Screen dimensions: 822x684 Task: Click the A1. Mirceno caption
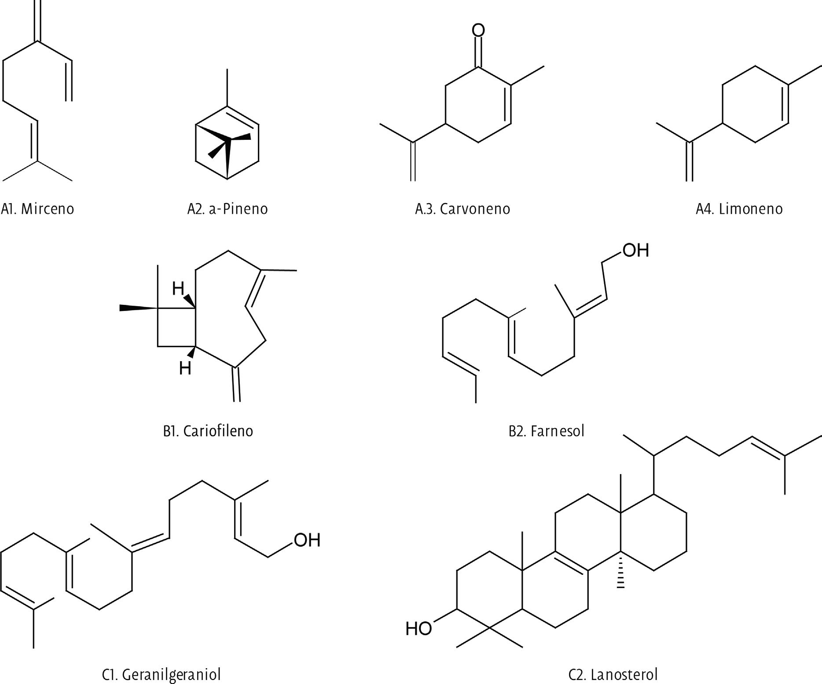click(38, 208)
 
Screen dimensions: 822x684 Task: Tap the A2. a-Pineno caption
click(228, 208)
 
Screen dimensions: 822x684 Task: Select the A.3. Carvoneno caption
click(462, 208)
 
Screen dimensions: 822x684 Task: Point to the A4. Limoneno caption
click(739, 208)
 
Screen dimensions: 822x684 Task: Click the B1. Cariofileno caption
click(208, 431)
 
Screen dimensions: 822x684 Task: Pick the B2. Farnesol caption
click(547, 431)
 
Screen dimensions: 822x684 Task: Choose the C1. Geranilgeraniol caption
click(161, 674)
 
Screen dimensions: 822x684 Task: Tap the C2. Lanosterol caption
click(613, 674)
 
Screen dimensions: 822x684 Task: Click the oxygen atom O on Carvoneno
click(478, 30)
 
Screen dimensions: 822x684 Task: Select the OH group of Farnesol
click(635, 250)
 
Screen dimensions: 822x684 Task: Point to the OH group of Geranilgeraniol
click(307, 540)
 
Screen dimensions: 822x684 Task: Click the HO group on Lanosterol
click(418, 629)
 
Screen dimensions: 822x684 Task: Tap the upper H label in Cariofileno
click(178, 289)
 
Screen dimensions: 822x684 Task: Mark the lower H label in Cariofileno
click(185, 368)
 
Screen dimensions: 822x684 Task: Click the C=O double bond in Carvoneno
click(478, 53)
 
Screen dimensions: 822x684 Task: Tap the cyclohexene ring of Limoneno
click(755, 104)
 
